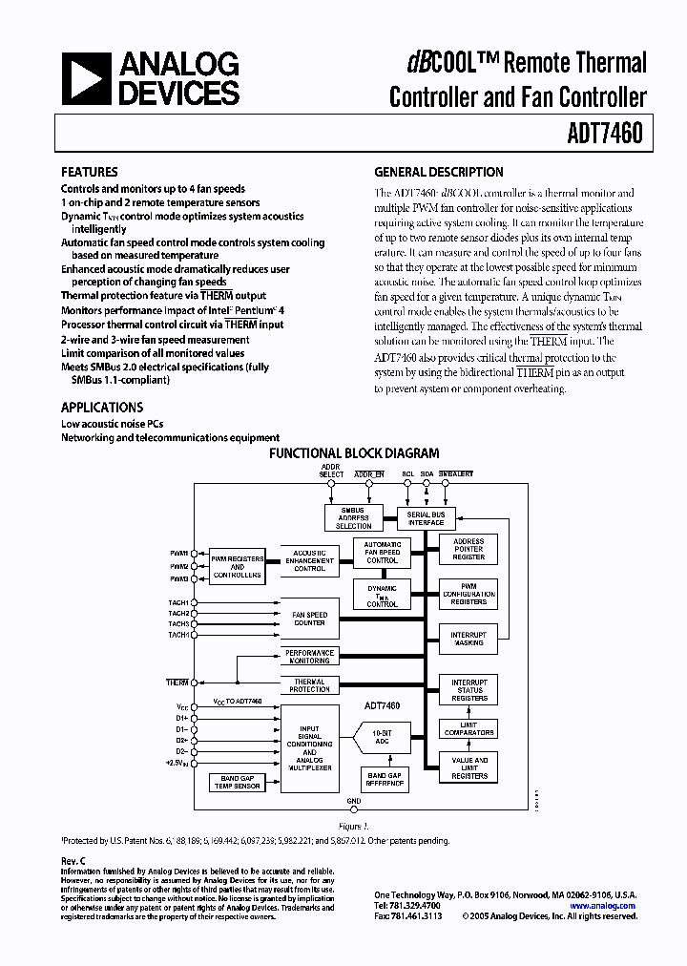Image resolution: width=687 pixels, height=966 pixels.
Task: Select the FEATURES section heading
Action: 90,173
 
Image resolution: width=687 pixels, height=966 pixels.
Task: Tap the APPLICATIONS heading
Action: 102,407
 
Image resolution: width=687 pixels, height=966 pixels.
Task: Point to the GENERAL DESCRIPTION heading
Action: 438,173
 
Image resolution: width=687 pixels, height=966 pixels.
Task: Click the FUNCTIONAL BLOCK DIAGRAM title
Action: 354,454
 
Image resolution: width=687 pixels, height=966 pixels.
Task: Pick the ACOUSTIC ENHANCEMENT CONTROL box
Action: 309,560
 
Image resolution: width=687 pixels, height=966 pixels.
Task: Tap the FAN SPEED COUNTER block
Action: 309,619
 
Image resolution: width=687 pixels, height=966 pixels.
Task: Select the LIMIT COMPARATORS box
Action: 468,728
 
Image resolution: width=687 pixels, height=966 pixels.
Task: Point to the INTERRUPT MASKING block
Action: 468,639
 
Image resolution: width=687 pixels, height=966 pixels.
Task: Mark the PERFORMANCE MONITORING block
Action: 309,657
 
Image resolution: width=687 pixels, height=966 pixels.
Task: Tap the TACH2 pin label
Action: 178,614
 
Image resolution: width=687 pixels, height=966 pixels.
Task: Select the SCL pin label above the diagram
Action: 407,474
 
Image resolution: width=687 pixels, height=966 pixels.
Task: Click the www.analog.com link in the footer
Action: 602,906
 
